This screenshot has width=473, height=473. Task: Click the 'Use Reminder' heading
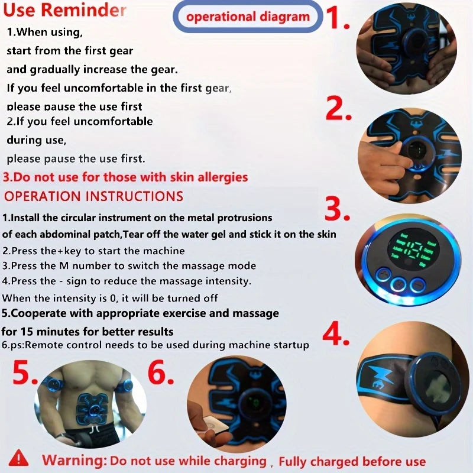[64, 11]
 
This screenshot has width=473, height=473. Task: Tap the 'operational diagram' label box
[248, 17]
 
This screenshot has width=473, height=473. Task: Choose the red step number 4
[339, 334]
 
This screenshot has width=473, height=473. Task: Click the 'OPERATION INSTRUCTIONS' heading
[93, 196]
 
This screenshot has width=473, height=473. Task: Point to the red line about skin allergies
[125, 177]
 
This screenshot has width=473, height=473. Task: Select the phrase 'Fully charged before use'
[352, 461]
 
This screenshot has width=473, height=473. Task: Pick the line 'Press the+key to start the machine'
[93, 251]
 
